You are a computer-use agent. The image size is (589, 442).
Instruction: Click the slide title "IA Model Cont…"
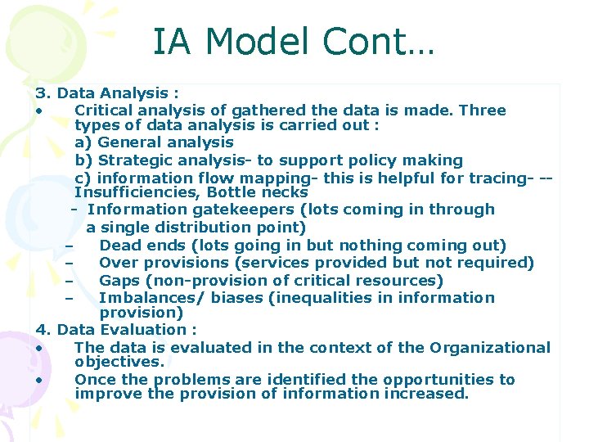294,42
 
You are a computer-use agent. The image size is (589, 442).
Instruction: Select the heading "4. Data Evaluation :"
115,330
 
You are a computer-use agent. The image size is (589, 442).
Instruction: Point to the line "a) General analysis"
154,142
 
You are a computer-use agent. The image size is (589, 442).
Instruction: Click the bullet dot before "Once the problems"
38,381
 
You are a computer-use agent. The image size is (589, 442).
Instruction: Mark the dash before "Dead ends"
70,246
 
